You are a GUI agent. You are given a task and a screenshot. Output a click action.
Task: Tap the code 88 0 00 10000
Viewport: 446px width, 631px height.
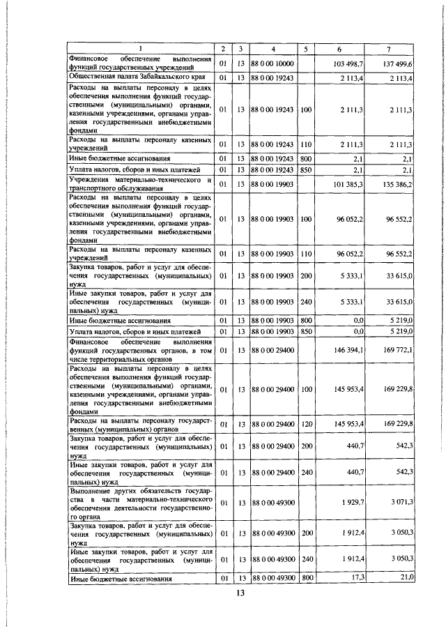tap(274, 63)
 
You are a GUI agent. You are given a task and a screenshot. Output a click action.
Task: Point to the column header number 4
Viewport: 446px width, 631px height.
tap(274, 49)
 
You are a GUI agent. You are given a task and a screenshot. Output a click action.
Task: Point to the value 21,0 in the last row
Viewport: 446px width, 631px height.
tap(406, 578)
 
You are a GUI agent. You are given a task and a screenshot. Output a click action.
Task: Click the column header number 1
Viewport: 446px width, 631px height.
tap(139, 49)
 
